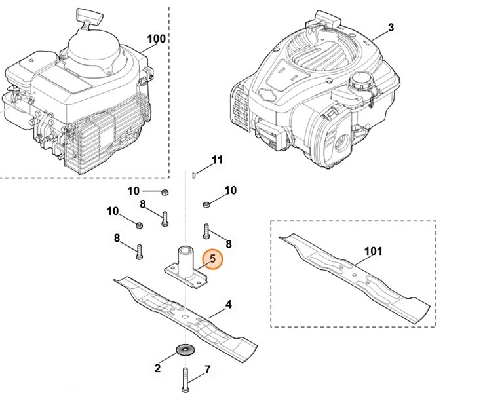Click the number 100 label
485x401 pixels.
coord(156,39)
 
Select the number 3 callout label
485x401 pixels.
coord(391,28)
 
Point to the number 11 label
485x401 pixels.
coord(218,160)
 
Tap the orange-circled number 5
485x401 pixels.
coord(212,259)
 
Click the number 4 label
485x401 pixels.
coord(229,305)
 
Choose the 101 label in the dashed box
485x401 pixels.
coord(372,251)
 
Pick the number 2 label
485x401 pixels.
coord(157,369)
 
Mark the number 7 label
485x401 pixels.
coord(208,370)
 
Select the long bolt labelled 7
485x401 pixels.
coord(185,378)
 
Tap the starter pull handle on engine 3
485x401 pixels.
coord(322,16)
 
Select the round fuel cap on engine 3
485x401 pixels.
coord(360,83)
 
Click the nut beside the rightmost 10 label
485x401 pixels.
coord(206,203)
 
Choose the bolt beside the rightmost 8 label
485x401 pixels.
coord(206,231)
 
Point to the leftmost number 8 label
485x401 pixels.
coord(117,239)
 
